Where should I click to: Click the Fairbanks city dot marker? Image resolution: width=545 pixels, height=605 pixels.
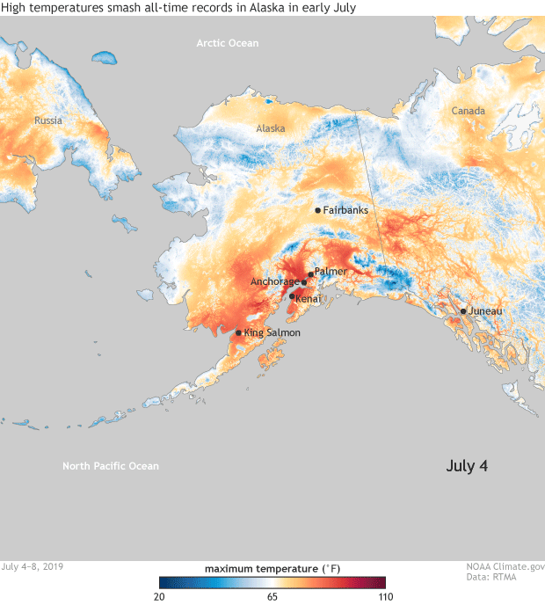click(x=317, y=210)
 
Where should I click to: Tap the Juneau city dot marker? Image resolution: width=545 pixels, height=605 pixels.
click(x=463, y=311)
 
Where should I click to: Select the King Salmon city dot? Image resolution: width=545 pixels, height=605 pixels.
click(x=238, y=332)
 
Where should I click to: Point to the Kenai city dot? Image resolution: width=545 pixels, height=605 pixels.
click(x=292, y=296)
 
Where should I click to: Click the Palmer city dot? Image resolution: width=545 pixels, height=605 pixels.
click(x=310, y=274)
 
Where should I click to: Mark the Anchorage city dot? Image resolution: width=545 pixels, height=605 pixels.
click(x=304, y=282)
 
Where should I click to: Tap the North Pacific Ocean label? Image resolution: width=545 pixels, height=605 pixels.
click(x=111, y=466)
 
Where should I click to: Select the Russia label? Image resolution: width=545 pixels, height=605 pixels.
click(x=49, y=120)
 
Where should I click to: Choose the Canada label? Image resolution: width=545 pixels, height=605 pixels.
click(x=468, y=111)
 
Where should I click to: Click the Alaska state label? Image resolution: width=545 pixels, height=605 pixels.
click(x=271, y=128)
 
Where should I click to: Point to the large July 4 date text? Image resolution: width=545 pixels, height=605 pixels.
click(x=467, y=465)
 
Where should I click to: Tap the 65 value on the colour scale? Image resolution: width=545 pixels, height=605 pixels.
click(x=272, y=596)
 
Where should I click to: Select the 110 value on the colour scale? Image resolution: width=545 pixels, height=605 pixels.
click(x=385, y=596)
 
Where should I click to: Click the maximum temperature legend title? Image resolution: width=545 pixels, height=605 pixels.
click(x=272, y=569)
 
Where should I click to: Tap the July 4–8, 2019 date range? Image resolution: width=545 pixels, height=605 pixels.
click(x=33, y=568)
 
